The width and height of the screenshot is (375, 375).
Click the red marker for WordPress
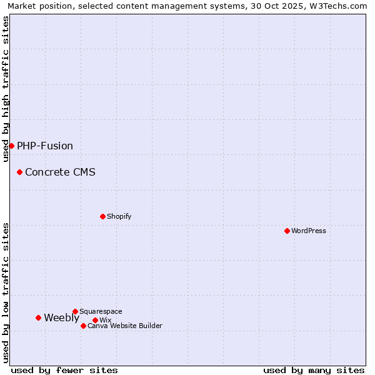coord(287,231)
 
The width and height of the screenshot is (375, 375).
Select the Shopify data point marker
coord(102,216)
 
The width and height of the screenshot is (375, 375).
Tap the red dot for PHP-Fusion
coord(11,146)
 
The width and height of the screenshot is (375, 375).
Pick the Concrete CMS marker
coord(19,172)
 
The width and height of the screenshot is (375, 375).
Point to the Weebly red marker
coord(38,317)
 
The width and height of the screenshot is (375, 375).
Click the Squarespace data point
coord(75,311)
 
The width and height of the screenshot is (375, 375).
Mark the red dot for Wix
coord(95,320)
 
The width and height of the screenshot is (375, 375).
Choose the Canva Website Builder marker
coord(83,326)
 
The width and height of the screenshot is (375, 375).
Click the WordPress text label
coord(309,231)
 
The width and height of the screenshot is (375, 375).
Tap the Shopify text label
coord(119,216)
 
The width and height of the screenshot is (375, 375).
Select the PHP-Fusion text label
coord(45,146)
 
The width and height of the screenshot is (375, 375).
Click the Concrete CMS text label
coord(60,172)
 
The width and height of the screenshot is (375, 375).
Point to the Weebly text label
coord(61,318)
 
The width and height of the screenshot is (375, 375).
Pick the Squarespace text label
coord(101,311)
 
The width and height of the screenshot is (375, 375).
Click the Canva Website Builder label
coord(125,326)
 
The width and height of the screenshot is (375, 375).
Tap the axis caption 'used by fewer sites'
coord(64,370)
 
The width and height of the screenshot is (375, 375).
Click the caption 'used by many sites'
coord(314,370)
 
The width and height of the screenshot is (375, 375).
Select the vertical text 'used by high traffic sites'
coord(6,89)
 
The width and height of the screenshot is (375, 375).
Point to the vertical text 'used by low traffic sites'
coord(6,292)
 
